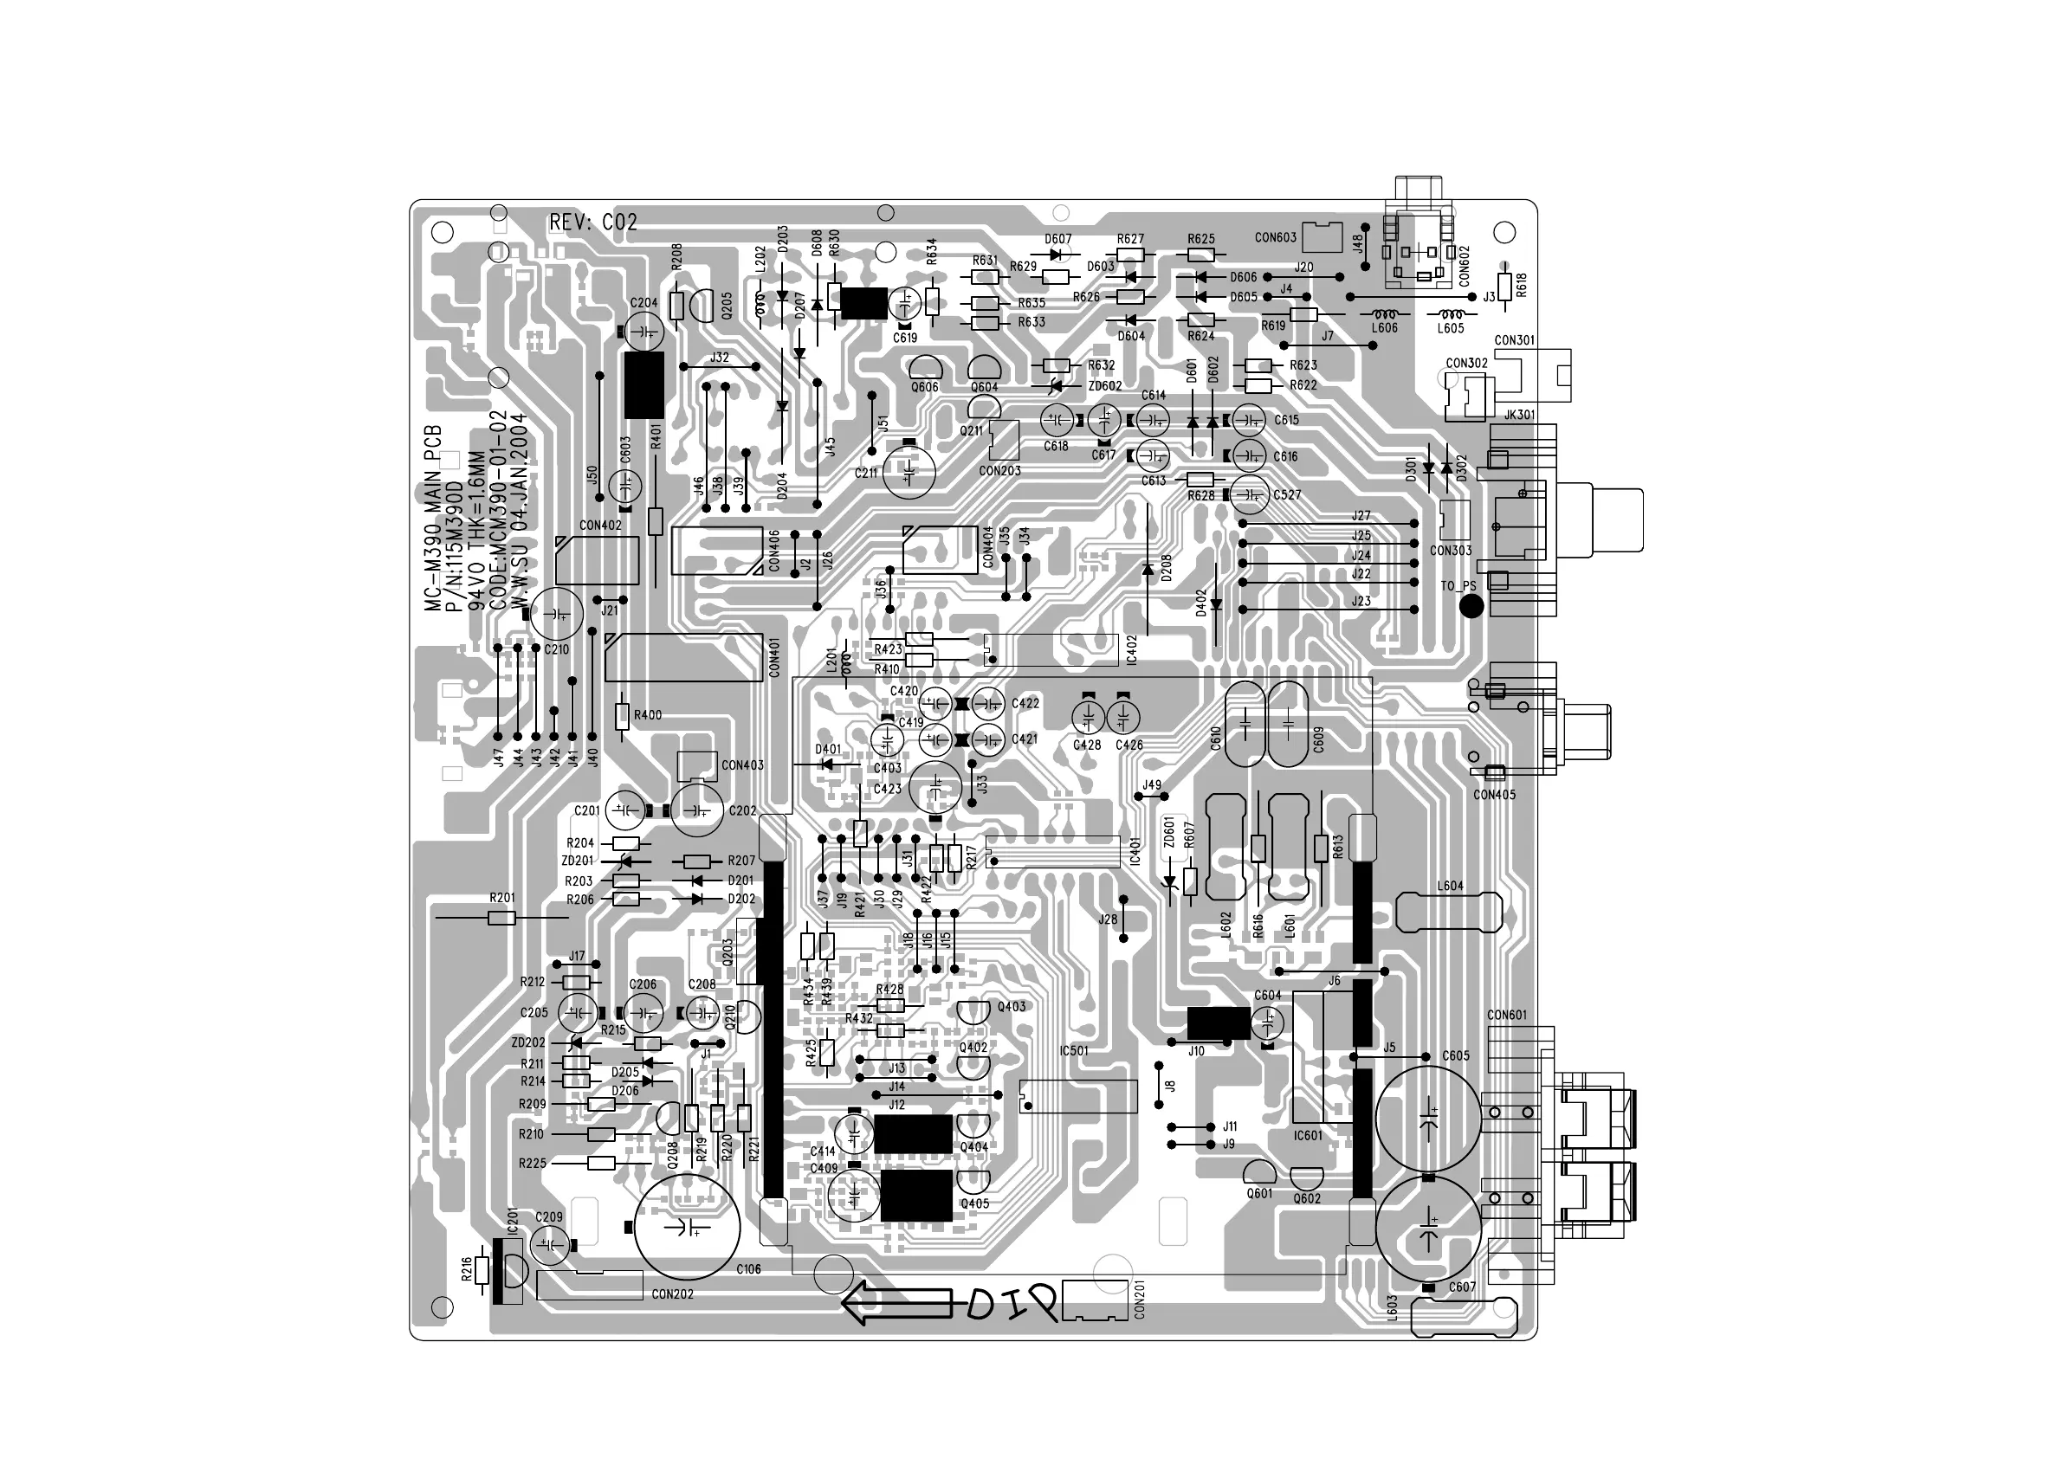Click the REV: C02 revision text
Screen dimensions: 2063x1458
(x=593, y=222)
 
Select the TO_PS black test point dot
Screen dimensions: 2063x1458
(x=1471, y=606)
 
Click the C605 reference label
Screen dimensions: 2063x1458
(x=1456, y=1055)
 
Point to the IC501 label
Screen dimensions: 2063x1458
(x=1074, y=1050)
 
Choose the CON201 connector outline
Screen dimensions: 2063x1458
(x=1096, y=1300)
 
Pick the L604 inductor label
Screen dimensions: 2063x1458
(x=1450, y=886)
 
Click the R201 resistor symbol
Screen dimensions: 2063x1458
(x=501, y=918)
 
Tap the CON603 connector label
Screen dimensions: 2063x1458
(x=1275, y=238)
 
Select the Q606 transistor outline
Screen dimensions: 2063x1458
(x=925, y=368)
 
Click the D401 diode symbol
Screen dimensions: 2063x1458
(x=826, y=764)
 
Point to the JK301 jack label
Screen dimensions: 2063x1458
(x=1519, y=415)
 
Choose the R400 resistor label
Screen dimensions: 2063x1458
(x=647, y=715)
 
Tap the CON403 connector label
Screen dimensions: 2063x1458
(x=742, y=765)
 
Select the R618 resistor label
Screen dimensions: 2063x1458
(x=1520, y=285)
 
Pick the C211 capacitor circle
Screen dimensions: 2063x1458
(x=909, y=472)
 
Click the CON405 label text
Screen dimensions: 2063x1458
(x=1494, y=795)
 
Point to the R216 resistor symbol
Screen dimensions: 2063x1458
(x=482, y=1270)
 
